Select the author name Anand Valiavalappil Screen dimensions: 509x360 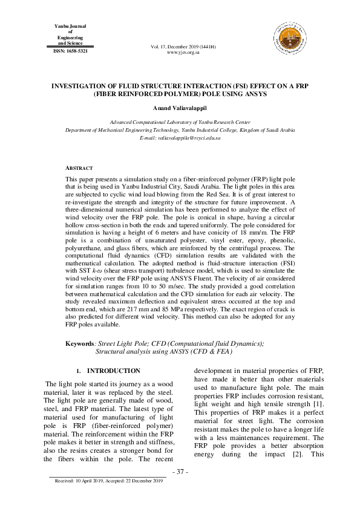tap(180, 107)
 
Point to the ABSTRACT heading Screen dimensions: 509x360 tap(79, 167)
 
